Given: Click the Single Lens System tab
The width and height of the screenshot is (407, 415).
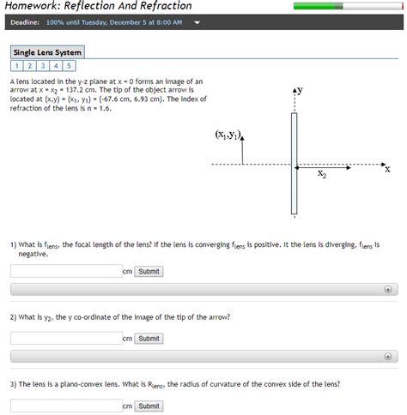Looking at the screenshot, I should pyautogui.click(x=47, y=52).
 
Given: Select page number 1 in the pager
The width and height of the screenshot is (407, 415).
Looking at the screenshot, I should pyautogui.click(x=17, y=65).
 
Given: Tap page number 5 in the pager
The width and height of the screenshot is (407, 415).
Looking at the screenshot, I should pyautogui.click(x=69, y=65).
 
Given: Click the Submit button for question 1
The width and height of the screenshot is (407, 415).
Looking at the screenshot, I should pyautogui.click(x=149, y=272).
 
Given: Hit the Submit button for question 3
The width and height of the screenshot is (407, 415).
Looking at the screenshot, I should pyautogui.click(x=149, y=406).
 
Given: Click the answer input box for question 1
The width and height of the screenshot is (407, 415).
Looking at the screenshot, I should pyautogui.click(x=66, y=272).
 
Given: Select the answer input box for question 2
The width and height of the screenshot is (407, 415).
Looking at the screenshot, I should pyautogui.click(x=66, y=339).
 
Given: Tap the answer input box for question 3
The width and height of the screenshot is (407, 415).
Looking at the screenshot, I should pyautogui.click(x=66, y=406).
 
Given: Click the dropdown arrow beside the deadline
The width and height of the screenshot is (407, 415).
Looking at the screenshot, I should pyautogui.click(x=197, y=22).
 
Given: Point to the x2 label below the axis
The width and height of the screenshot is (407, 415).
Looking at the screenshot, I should pyautogui.click(x=321, y=174).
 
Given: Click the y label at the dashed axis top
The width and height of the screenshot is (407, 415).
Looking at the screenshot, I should pyautogui.click(x=299, y=89).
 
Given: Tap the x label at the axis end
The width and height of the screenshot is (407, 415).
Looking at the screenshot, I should pyautogui.click(x=387, y=169).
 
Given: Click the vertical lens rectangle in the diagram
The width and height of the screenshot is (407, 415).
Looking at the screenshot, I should pyautogui.click(x=294, y=163).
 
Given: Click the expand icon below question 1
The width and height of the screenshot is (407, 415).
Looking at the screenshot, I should pyautogui.click(x=388, y=290).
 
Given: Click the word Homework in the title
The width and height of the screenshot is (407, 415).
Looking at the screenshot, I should pyautogui.click(x=33, y=6).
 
